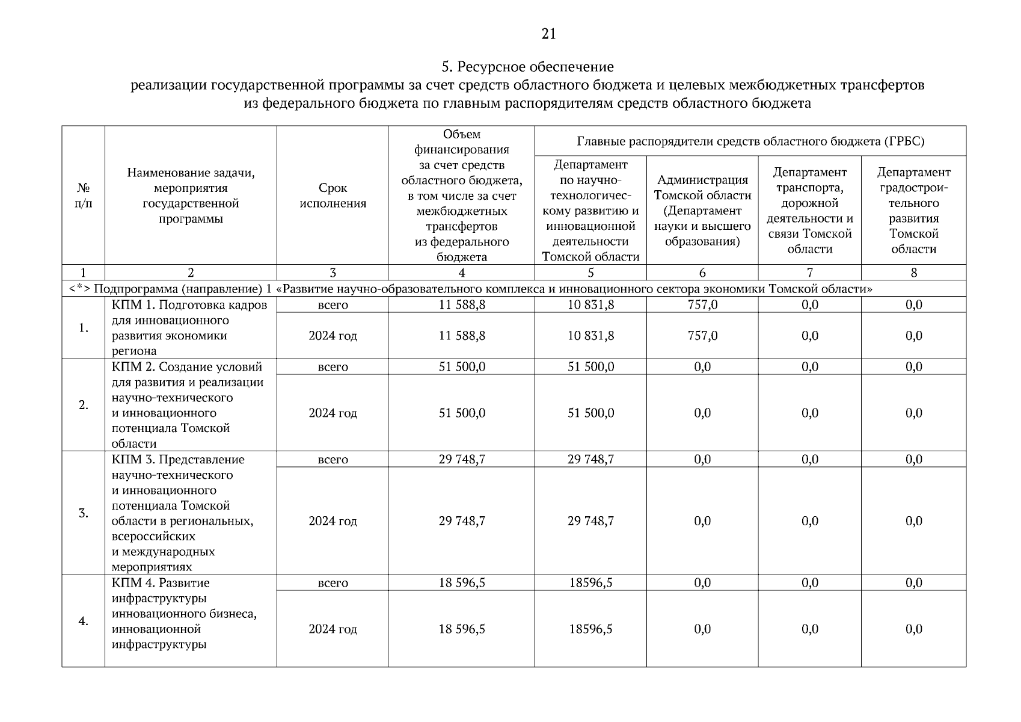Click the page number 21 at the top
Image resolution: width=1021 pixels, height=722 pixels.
pyautogui.click(x=548, y=34)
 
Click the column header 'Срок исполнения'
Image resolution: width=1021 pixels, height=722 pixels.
pyautogui.click(x=333, y=196)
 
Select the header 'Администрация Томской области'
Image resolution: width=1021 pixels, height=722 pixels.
pyautogui.click(x=702, y=211)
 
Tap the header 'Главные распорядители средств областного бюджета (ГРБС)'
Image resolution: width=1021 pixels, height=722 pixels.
pyautogui.click(x=750, y=141)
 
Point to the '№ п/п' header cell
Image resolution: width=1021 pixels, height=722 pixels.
pyautogui.click(x=84, y=196)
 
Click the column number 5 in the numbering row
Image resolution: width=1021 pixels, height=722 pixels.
pyautogui.click(x=590, y=273)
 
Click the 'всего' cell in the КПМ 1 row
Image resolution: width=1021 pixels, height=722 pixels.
pyautogui.click(x=333, y=305)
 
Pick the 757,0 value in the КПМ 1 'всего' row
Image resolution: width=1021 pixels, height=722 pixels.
pyautogui.click(x=702, y=305)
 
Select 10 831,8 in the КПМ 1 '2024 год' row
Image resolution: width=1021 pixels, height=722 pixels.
pyautogui.click(x=590, y=336)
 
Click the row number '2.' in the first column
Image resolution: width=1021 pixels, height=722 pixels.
pyautogui.click(x=84, y=405)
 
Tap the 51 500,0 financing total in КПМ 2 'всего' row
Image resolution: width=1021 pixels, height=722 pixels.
pyautogui.click(x=461, y=367)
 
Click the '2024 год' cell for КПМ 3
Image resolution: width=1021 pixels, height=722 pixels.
pyautogui.click(x=333, y=521)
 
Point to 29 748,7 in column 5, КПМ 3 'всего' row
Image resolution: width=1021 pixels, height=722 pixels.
pyautogui.click(x=590, y=460)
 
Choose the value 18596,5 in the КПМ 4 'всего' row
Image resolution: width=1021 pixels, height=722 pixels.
pyautogui.click(x=590, y=583)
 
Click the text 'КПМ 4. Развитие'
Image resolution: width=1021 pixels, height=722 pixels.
pyautogui.click(x=161, y=583)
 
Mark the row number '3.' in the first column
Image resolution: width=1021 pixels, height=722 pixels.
pyautogui.click(x=84, y=513)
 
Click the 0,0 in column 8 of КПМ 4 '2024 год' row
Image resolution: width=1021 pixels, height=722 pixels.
pyautogui.click(x=913, y=629)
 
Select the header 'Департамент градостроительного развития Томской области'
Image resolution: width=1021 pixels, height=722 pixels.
pyautogui.click(x=913, y=211)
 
